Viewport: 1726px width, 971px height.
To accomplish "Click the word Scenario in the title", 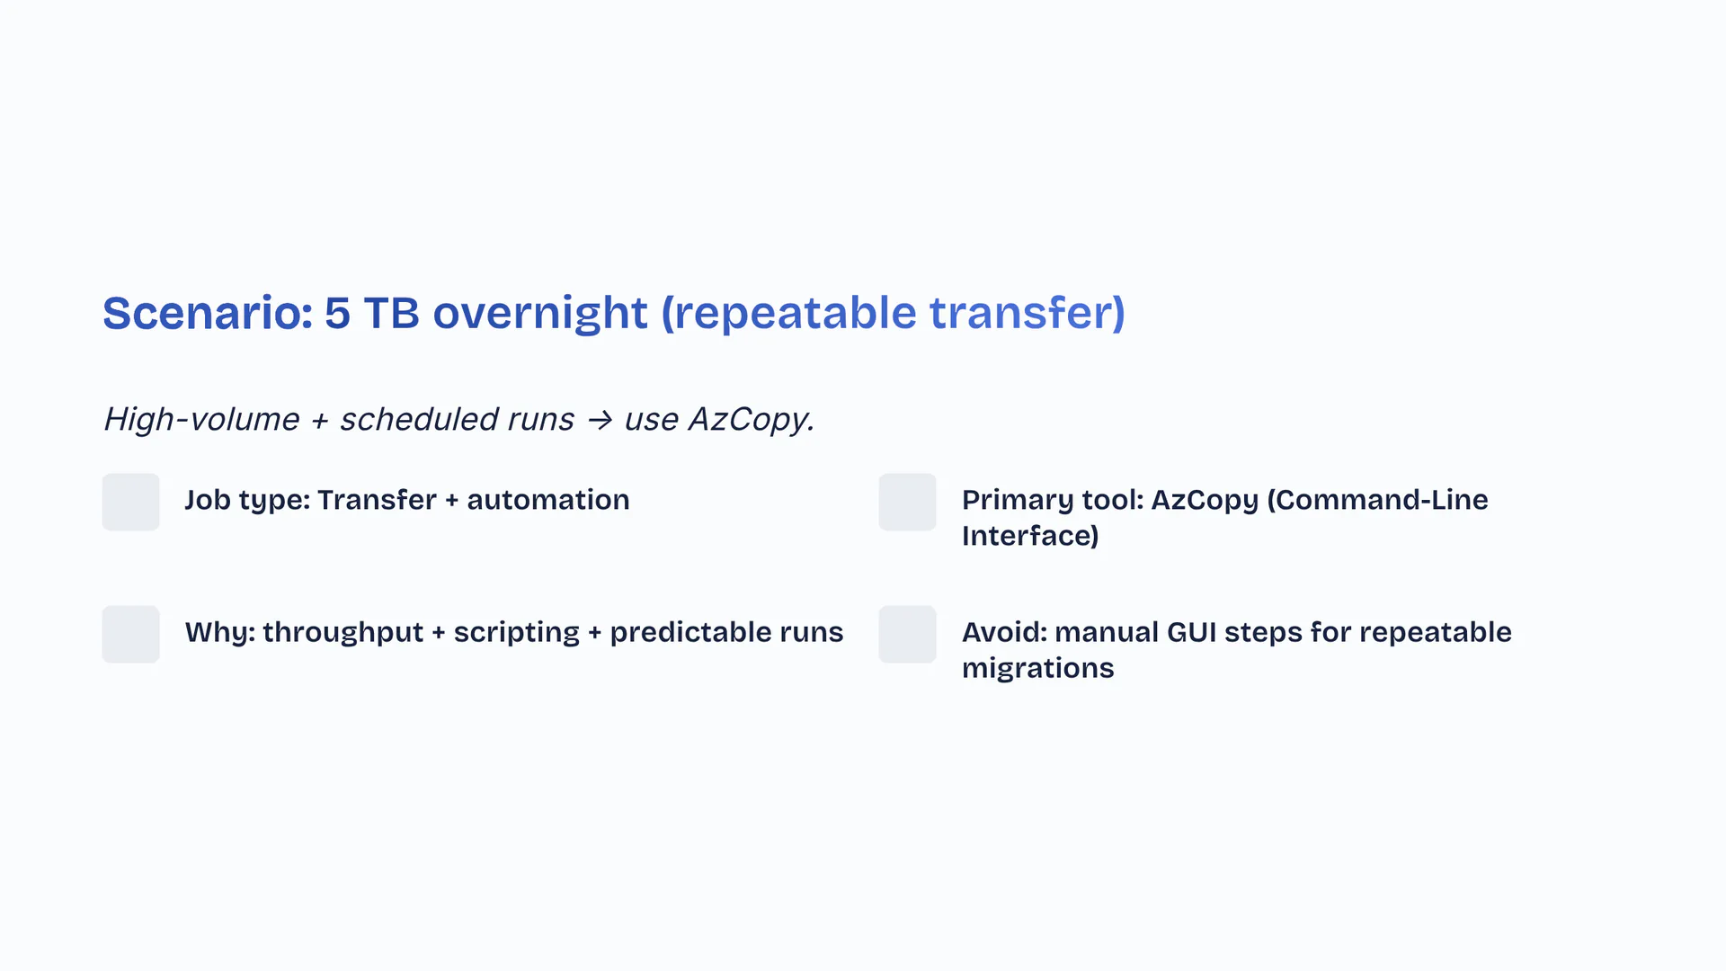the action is [208, 313].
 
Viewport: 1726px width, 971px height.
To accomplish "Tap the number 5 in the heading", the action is [337, 313].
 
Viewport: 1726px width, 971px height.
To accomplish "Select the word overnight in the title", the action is [540, 315].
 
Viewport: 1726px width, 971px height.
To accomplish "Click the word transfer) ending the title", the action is [1028, 315].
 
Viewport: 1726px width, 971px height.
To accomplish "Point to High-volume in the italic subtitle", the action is [202, 419].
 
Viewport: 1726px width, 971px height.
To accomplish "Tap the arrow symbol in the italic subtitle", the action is [600, 420].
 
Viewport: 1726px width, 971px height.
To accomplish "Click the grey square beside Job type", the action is [131, 502].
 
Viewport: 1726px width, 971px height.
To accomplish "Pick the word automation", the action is [548, 500].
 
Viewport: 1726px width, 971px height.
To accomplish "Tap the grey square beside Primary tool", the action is [908, 502].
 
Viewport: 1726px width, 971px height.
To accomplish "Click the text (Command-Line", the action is [1378, 500].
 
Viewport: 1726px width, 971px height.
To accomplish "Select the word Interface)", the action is [1030, 536].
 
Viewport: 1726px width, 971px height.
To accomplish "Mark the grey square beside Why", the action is [131, 634].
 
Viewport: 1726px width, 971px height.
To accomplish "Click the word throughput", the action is [343, 633].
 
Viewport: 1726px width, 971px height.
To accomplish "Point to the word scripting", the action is [517, 633].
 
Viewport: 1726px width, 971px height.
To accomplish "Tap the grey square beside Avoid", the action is [908, 634].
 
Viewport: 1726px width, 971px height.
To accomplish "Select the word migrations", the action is [1038, 669].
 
